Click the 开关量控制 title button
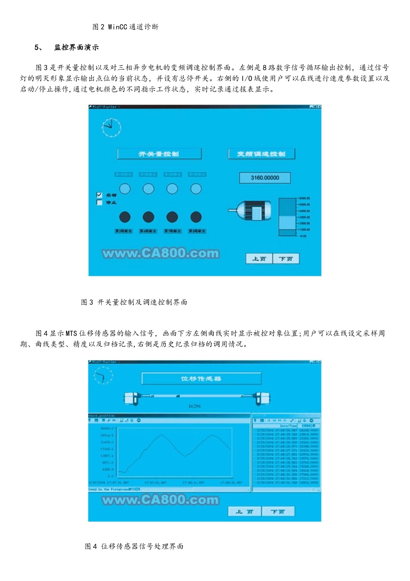tap(159, 154)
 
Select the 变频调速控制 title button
tap(261, 154)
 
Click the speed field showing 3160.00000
tap(265, 178)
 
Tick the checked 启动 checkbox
tap(99, 195)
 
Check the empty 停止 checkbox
tap(99, 202)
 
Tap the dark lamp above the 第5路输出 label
tap(125, 217)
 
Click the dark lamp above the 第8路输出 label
tap(196, 217)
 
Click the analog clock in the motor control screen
tap(111, 128)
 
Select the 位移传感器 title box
tap(201, 379)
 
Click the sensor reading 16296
tap(195, 406)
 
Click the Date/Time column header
tap(288, 426)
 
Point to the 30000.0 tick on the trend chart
tap(107, 429)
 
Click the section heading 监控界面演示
tap(76, 48)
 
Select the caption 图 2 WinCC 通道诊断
tap(125, 27)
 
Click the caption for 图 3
tap(134, 302)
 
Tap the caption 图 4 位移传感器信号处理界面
tap(134, 546)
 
